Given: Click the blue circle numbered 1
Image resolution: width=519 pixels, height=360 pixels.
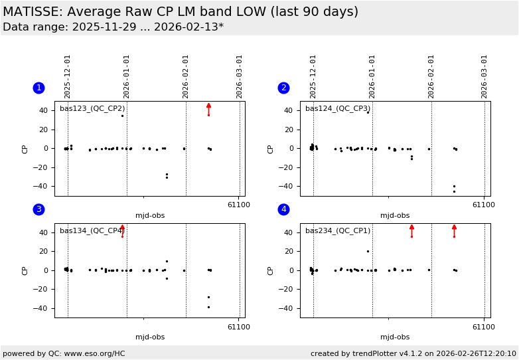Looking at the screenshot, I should point(38,88).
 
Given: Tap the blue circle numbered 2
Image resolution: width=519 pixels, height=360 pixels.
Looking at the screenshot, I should point(283,88).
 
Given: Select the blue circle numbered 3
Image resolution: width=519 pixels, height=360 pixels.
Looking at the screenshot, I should point(38,209).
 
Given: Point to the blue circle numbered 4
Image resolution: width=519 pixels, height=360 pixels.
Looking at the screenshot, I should point(283,209).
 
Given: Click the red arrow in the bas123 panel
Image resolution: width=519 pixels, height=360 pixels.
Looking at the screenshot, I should point(208,109).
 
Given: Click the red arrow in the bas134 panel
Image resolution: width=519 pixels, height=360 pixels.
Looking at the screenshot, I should point(122,230).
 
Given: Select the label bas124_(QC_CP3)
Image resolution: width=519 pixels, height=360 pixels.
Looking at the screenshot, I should point(337,108).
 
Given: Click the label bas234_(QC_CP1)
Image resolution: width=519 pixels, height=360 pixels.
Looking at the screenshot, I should point(337,230).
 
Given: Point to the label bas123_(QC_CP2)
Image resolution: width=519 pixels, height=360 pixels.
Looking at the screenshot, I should point(92,108).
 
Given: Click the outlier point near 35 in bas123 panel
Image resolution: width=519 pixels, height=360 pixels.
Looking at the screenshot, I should point(122,116).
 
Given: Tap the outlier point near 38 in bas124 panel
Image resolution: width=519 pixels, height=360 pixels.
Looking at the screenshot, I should point(368,112).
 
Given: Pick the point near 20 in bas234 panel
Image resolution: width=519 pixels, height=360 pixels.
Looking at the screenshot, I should point(368,251).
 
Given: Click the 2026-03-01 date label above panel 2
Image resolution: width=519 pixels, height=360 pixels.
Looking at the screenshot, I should point(484,76).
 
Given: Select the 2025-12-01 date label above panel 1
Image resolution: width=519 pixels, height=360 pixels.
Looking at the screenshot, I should point(68,76).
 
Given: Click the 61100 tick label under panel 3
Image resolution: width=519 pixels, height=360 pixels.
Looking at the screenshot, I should point(239,327).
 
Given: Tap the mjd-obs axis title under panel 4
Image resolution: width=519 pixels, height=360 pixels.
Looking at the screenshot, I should point(395,337).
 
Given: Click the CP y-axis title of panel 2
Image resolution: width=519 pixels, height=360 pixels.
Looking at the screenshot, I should point(271,149).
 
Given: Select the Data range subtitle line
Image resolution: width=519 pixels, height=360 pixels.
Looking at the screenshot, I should point(113,27).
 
